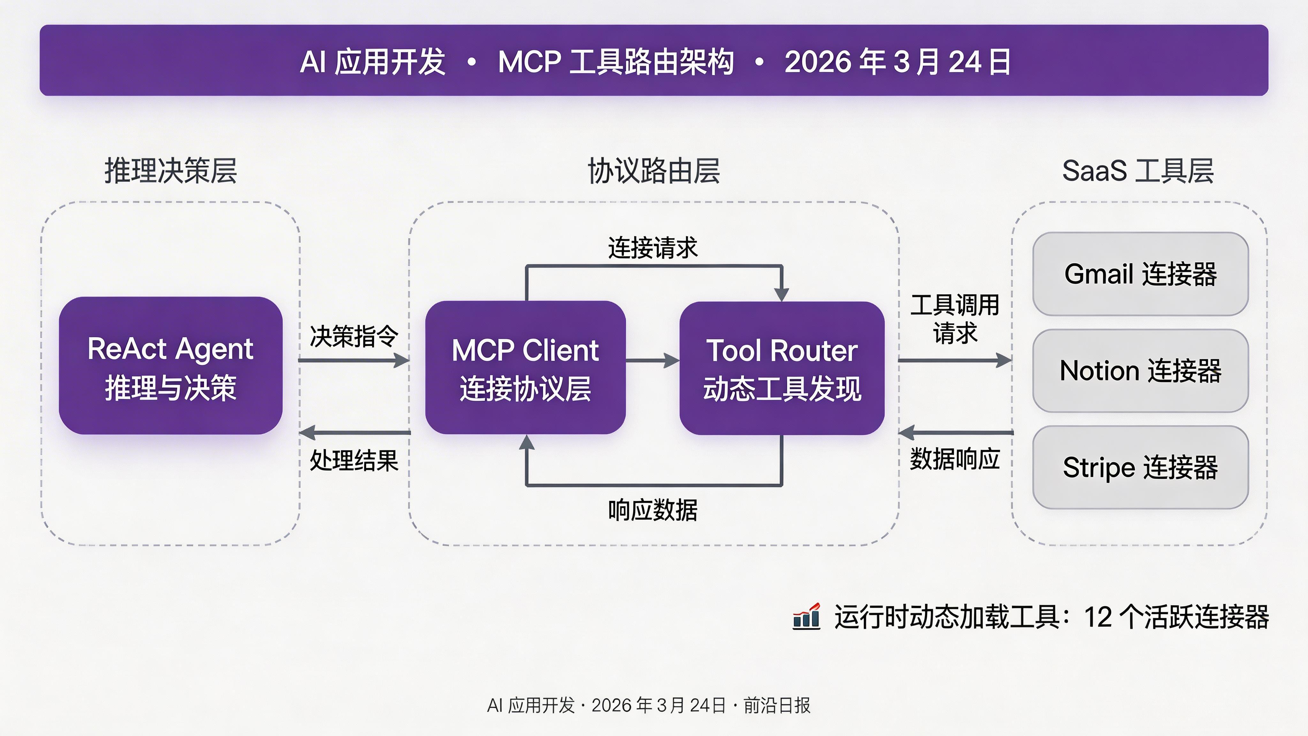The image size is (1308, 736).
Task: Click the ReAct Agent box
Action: (171, 366)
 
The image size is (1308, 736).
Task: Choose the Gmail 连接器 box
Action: (1140, 274)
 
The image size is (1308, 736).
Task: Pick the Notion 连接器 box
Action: (1140, 371)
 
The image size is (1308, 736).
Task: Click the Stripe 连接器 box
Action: (1140, 467)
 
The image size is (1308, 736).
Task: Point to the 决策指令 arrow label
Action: (354, 336)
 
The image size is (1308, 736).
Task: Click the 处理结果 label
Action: (354, 460)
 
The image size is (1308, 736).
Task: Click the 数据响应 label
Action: (954, 459)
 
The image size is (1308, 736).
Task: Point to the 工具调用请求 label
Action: (954, 319)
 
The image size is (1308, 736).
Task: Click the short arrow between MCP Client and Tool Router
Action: (652, 361)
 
